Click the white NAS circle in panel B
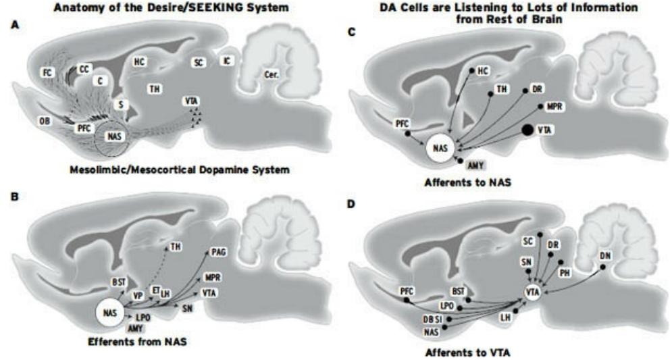click(111, 313)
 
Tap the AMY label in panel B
click(137, 328)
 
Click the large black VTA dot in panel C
click(525, 129)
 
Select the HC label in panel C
click(482, 70)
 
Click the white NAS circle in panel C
click(440, 148)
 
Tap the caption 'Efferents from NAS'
click(137, 342)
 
